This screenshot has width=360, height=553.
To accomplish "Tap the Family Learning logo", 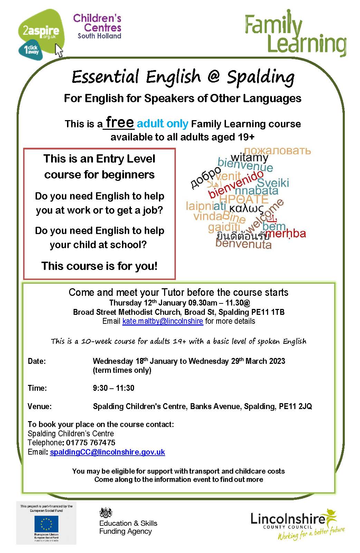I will [295, 35].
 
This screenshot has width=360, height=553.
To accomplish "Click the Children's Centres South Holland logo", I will [97, 26].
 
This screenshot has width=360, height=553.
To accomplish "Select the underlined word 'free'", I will [120, 122].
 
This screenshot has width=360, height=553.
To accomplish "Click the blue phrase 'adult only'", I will [162, 124].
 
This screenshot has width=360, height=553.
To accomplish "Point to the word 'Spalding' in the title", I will [260, 77].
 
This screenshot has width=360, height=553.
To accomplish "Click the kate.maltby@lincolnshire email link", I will [162, 321].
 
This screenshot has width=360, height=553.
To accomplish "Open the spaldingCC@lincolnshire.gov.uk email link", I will [107, 452].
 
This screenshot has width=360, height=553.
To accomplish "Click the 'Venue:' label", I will [40, 406].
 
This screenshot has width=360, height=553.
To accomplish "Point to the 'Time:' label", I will [37, 388].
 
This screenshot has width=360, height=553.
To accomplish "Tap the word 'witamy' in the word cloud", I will [249, 157].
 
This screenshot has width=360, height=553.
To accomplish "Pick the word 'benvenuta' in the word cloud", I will [244, 244].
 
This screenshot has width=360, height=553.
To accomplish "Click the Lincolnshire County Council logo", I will [297, 523].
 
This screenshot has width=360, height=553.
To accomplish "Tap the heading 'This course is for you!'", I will [100, 266].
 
